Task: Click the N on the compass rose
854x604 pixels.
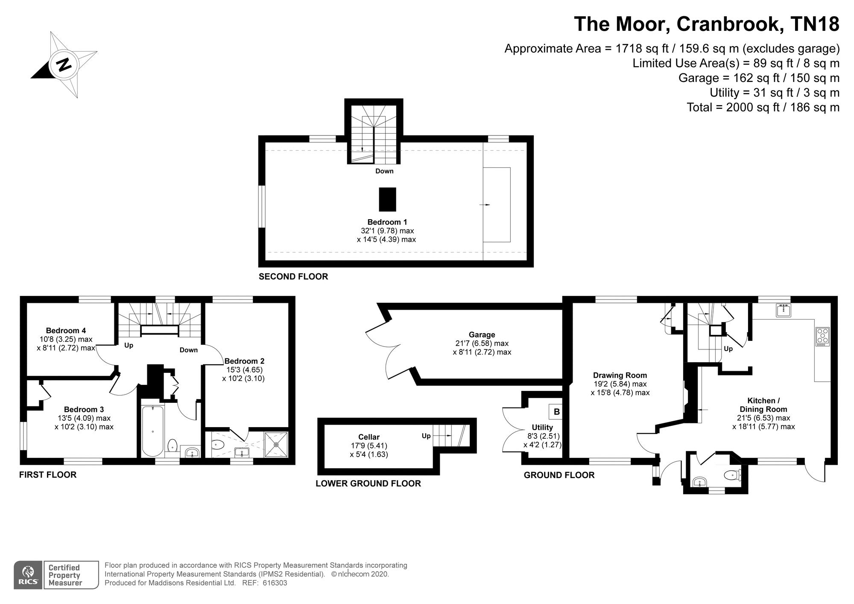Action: [x=64, y=65]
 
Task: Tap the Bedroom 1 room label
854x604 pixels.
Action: [x=387, y=222]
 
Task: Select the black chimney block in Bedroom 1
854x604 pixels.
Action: [x=388, y=199]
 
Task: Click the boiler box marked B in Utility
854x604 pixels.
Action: [x=556, y=412]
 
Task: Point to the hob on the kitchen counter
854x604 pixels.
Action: [x=822, y=336]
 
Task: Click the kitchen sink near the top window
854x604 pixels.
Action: [x=784, y=310]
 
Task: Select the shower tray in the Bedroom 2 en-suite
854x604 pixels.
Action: [x=276, y=445]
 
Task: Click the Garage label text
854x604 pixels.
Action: [x=482, y=335]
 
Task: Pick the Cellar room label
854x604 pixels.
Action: [x=369, y=437]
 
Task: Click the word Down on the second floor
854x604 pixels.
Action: [x=384, y=171]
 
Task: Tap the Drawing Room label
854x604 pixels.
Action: [x=620, y=375]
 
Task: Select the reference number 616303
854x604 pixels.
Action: [x=275, y=583]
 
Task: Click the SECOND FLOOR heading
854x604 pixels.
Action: [x=293, y=276]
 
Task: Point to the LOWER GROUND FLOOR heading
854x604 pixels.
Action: [x=368, y=483]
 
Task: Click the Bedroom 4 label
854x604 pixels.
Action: [x=66, y=330]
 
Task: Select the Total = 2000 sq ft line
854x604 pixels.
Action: [x=763, y=107]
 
